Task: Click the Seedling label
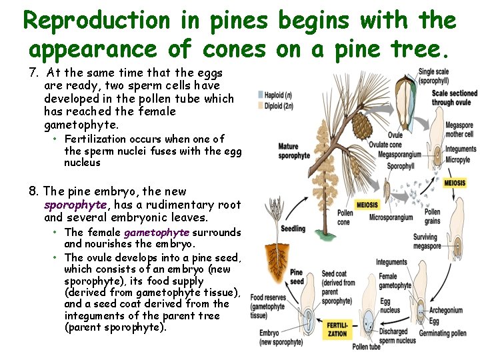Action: (x=293, y=229)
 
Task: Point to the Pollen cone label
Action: (x=345, y=217)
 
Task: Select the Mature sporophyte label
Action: (x=293, y=151)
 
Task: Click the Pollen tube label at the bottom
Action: (x=366, y=347)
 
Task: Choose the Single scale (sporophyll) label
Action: (x=434, y=75)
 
